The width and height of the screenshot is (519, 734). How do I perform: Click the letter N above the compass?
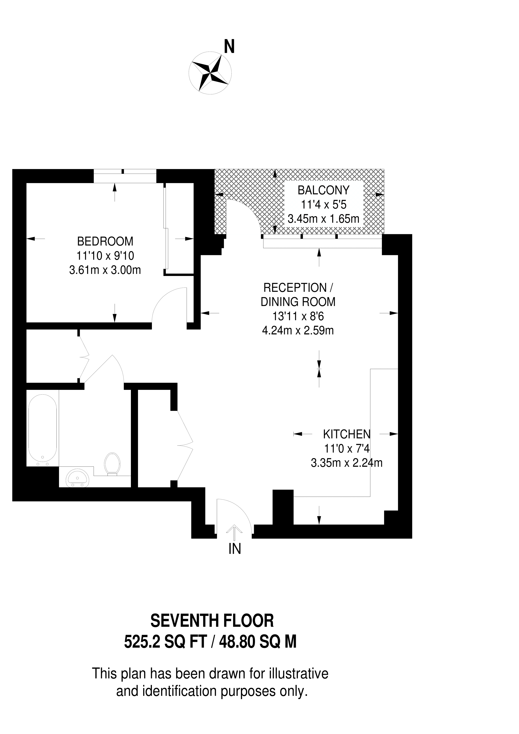pyautogui.click(x=229, y=47)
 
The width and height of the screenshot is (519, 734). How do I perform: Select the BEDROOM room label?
pyautogui.click(x=105, y=241)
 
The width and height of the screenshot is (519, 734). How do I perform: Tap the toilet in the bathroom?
pyautogui.click(x=113, y=464)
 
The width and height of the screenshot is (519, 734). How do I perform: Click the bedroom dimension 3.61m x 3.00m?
pyautogui.click(x=105, y=271)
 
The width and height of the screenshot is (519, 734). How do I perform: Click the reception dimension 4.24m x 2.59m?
pyautogui.click(x=298, y=330)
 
